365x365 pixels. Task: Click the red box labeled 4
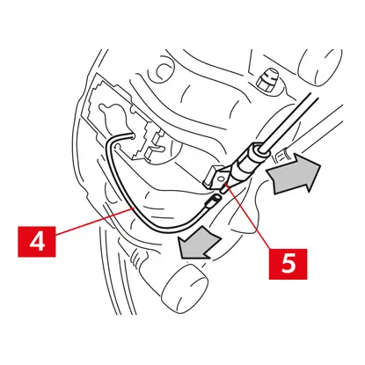tap(37, 242)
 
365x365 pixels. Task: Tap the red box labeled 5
tap(288, 264)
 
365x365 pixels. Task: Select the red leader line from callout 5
tap(249, 217)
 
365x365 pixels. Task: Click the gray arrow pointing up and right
tap(293, 173)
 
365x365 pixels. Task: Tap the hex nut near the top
tap(267, 78)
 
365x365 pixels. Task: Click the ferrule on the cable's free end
tap(213, 201)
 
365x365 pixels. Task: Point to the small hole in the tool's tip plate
tap(222, 178)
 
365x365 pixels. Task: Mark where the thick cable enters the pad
tap(131, 135)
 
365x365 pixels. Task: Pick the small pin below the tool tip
tap(224, 188)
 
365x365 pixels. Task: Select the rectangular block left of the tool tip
tap(208, 177)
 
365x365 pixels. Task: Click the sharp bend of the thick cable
tap(111, 142)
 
